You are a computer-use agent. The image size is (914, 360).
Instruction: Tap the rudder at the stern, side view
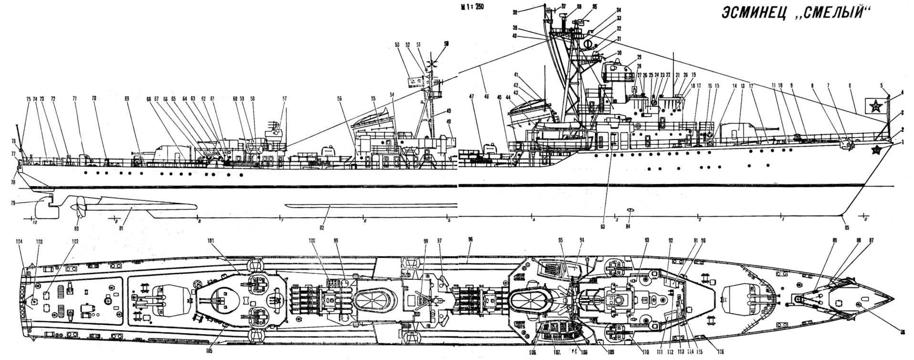click(x=45, y=205)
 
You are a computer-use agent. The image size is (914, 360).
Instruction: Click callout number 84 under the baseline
click(x=629, y=226)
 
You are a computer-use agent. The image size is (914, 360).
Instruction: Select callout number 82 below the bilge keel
click(x=322, y=227)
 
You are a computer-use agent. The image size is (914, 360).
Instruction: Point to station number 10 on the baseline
click(x=33, y=222)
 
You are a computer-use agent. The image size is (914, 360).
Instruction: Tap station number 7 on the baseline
click(x=282, y=220)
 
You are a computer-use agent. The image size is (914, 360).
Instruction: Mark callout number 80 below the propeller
click(x=76, y=228)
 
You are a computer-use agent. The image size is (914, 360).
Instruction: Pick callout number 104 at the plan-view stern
click(x=19, y=242)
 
